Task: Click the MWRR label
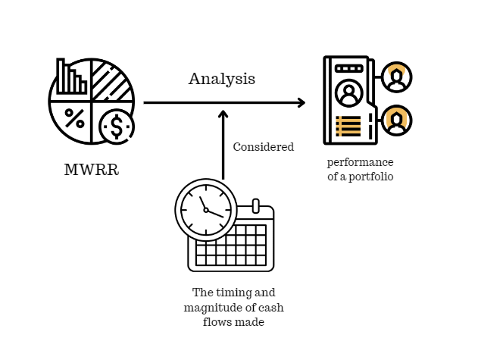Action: tap(92, 169)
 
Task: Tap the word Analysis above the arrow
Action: tap(222, 79)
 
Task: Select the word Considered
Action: tap(263, 147)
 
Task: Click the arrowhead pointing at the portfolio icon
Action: tap(301, 102)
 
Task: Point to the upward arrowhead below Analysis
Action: tap(223, 115)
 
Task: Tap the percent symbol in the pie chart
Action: tap(74, 117)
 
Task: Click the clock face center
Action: tap(205, 210)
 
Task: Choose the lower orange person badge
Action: tap(396, 121)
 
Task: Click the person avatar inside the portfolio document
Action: tap(348, 95)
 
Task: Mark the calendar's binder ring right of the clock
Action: tap(256, 206)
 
